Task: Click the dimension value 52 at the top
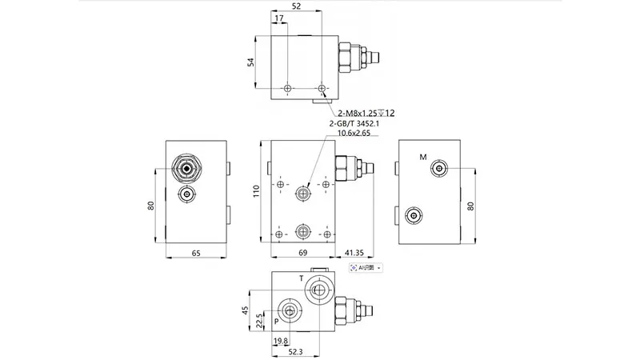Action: pos(297,6)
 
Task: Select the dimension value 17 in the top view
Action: pos(278,18)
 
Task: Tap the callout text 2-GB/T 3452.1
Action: pos(356,124)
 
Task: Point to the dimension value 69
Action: pos(302,253)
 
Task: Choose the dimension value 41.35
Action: pos(357,253)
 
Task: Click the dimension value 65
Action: pos(195,253)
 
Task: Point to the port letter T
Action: pos(302,278)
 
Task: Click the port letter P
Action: pos(277,322)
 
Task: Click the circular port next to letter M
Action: pos(438,168)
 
